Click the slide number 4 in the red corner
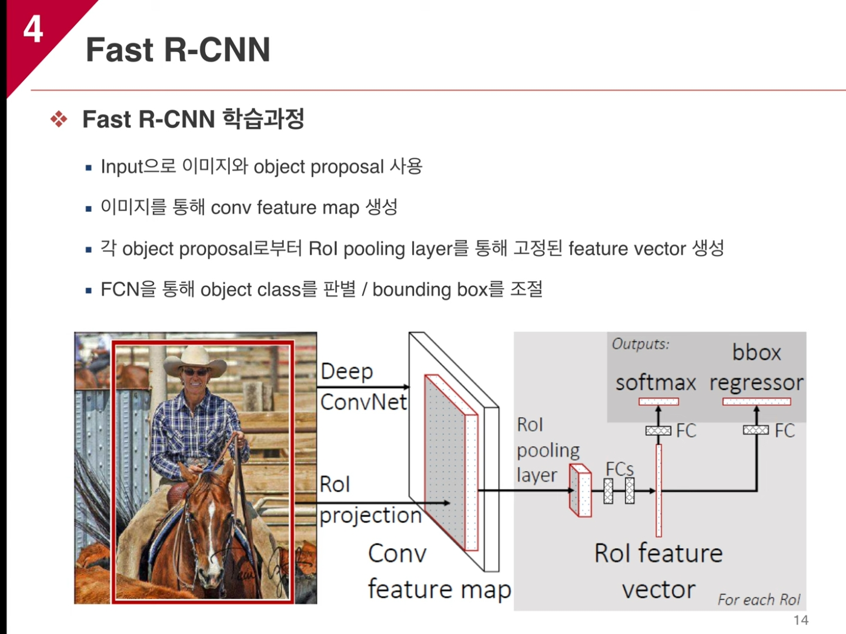click(33, 28)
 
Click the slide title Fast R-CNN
click(178, 49)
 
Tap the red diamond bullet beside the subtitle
click(59, 119)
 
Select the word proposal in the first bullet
click(347, 167)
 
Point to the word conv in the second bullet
click(230, 208)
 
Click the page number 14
click(801, 620)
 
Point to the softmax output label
click(656, 383)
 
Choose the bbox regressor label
click(756, 368)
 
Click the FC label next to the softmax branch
click(686, 431)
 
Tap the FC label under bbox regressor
click(784, 431)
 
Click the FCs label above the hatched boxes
click(620, 469)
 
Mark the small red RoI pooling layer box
click(580, 490)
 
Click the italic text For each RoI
click(758, 599)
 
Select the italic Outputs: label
click(640, 344)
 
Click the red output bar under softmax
click(658, 402)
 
